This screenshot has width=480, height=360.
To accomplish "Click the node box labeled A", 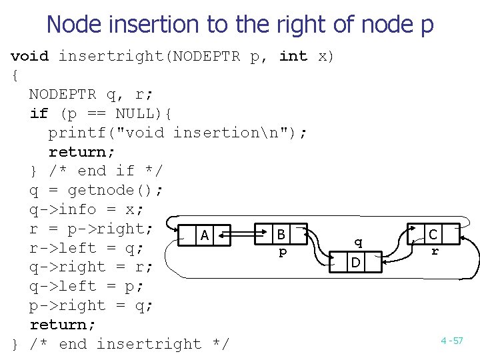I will (205, 235).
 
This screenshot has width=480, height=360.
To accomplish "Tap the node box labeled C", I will (433, 235).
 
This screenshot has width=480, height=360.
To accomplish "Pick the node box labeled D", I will (356, 263).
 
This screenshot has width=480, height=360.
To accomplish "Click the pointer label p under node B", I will (283, 253).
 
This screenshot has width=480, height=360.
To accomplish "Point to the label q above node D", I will (359, 242).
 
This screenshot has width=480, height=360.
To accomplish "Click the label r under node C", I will (435, 251).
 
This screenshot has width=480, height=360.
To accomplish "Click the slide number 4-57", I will (451, 341).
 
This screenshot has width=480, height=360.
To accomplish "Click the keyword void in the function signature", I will (30, 56).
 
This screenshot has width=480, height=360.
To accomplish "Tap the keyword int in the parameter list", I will (293, 56).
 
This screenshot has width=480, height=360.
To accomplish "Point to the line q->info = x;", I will (87, 209).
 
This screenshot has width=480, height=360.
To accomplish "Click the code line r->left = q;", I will (91, 248).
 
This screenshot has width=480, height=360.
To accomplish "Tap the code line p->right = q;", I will (91, 305).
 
